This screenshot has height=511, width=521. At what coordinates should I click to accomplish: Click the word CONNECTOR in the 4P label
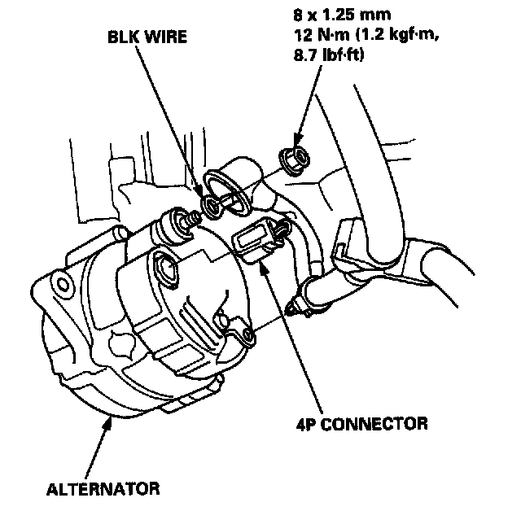(386, 423)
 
